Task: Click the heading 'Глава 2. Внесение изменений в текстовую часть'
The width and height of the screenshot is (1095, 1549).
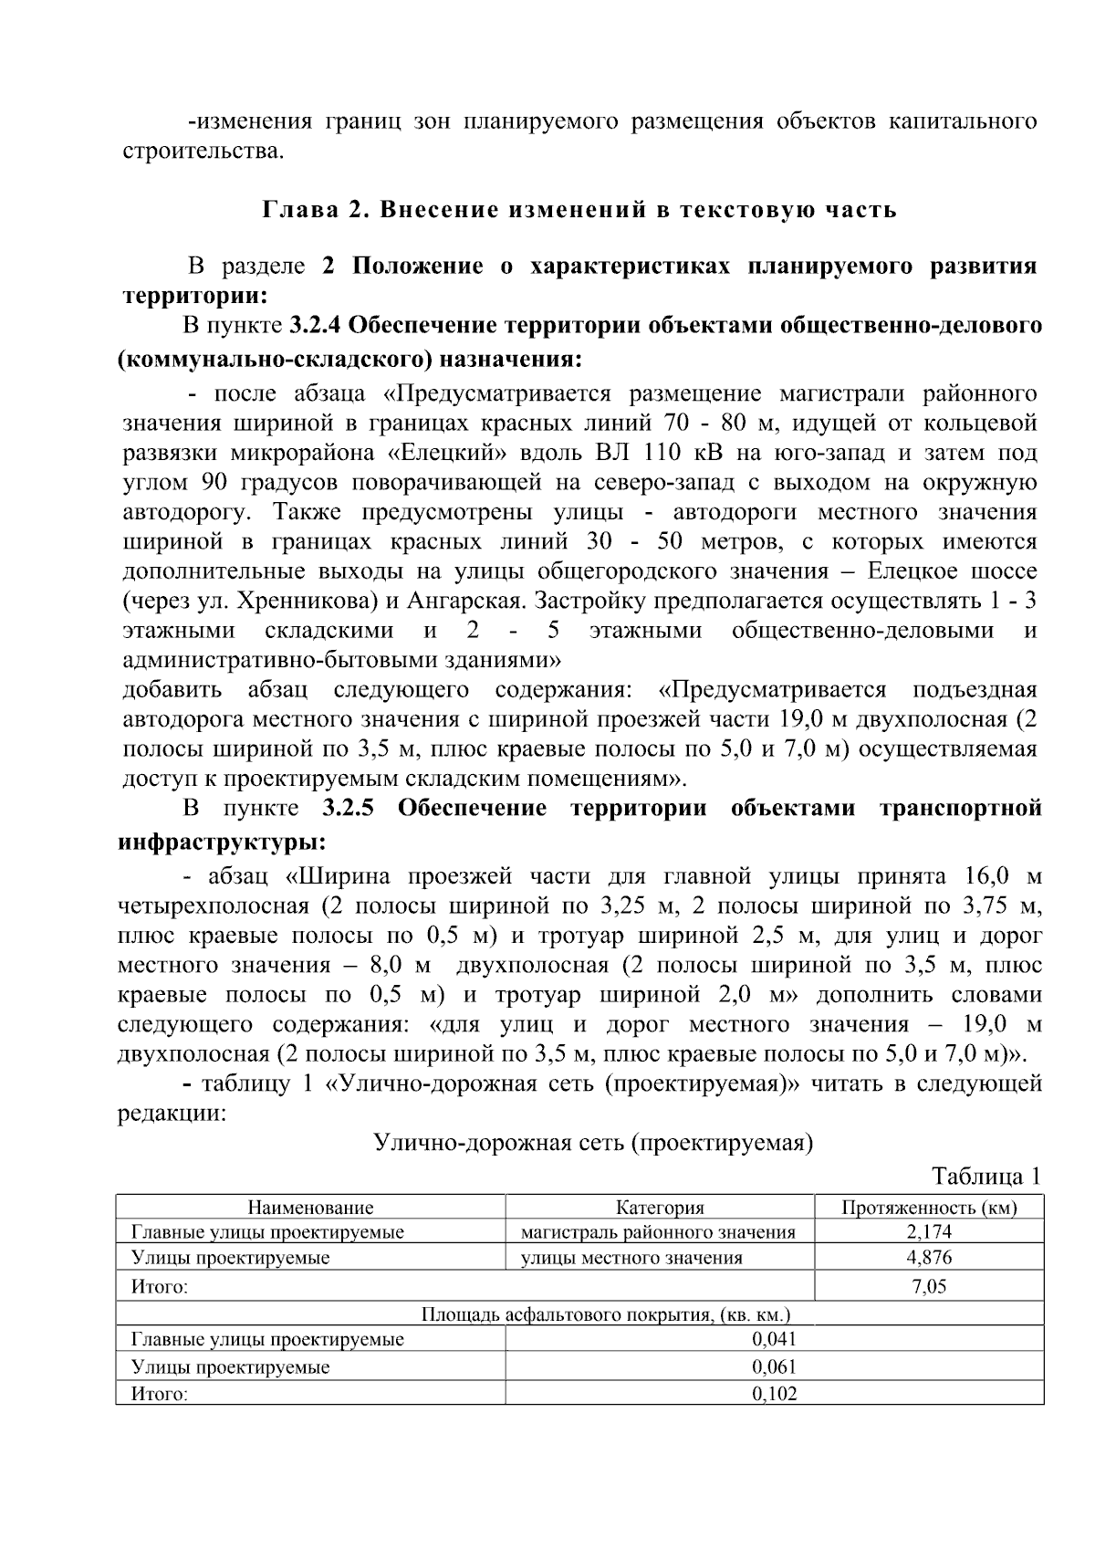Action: coord(579,210)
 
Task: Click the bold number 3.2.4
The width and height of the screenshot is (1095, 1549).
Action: coord(316,325)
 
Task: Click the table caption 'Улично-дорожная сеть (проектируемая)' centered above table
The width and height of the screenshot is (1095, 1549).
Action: coord(593,1143)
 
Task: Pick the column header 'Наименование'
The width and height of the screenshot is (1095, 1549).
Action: coord(310,1208)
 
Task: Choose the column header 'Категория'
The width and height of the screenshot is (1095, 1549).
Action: coord(660,1208)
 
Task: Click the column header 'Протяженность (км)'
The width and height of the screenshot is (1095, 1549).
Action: coord(929,1208)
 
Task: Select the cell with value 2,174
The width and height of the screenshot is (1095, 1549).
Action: coord(929,1232)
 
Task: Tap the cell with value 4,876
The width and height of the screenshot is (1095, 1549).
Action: coord(929,1258)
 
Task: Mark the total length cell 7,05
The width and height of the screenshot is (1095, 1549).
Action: coord(929,1287)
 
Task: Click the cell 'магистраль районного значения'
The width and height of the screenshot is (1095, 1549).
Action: coord(658,1232)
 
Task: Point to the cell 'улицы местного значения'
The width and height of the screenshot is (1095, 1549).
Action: coord(631,1258)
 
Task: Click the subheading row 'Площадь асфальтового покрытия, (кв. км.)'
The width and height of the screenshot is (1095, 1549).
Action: coord(605,1314)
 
